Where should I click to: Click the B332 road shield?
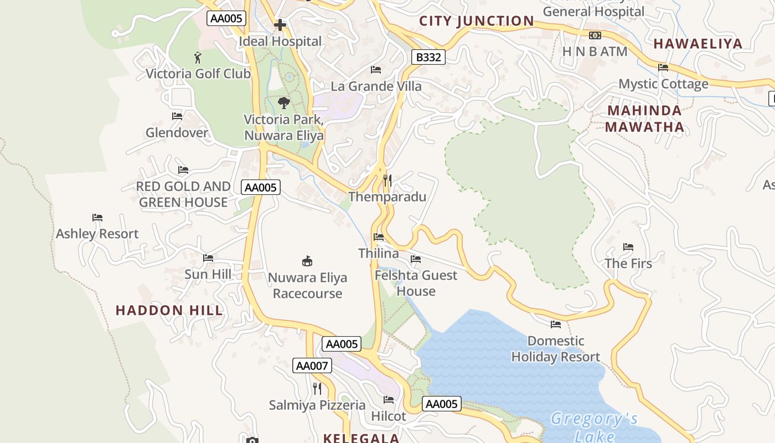[428, 57]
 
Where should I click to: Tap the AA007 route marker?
[312, 365]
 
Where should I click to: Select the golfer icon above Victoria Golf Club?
[198, 57]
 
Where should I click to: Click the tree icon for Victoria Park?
[283, 103]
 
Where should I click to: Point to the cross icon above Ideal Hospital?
[280, 25]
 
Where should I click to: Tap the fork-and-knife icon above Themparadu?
[387, 181]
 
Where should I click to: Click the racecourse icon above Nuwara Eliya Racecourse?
[307, 261]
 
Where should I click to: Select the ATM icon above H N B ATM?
[595, 35]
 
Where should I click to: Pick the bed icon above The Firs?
[628, 247]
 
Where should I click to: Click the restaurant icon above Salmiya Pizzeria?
[317, 389]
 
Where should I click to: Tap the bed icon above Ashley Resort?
[97, 218]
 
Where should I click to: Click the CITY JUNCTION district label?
[477, 21]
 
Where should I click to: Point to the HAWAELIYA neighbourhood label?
[697, 44]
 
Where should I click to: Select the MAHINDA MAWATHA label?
[644, 119]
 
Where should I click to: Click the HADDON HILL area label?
[169, 311]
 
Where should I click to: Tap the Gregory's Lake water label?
[594, 427]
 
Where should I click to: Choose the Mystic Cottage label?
[663, 84]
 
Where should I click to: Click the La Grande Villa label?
[376, 86]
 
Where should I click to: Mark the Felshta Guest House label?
[416, 283]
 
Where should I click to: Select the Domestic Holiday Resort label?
[556, 349]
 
